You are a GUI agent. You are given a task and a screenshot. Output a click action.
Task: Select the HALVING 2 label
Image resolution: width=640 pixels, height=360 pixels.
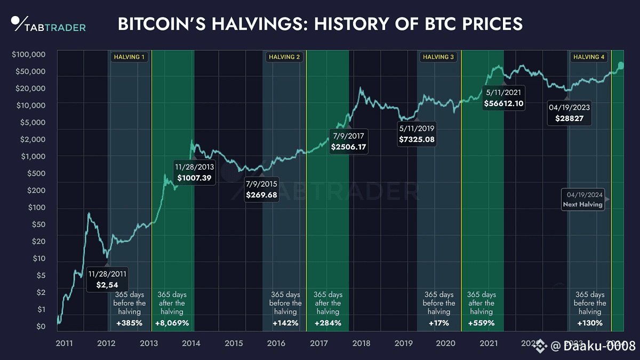[x=284, y=57]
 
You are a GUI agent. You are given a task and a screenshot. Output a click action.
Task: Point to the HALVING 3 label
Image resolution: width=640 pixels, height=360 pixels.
[x=438, y=57]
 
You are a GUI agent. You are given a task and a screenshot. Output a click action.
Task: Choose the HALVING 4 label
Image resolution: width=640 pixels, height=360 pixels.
[x=588, y=57]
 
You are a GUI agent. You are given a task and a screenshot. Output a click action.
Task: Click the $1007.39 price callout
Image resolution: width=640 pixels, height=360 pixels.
[x=195, y=172]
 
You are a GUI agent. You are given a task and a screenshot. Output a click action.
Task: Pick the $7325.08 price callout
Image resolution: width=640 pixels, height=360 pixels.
[x=417, y=134]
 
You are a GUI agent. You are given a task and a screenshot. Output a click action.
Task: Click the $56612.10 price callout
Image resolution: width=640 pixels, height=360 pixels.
[x=503, y=98]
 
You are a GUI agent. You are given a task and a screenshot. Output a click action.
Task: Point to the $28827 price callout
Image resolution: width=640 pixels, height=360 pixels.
[x=570, y=112]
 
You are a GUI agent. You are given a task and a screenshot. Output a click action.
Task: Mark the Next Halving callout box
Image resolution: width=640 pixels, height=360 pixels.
[x=583, y=199]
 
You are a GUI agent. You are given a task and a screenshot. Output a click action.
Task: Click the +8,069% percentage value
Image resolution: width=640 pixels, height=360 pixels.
[x=171, y=323]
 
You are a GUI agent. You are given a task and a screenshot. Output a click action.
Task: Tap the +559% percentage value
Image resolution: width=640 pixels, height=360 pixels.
[x=481, y=323]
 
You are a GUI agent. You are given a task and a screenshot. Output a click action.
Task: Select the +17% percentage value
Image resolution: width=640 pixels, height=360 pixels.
[x=439, y=323]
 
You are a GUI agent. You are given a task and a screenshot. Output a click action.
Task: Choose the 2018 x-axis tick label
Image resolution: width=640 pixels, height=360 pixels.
[x=362, y=343]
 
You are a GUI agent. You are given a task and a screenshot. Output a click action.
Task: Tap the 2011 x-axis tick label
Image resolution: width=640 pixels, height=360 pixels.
[x=64, y=343]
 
